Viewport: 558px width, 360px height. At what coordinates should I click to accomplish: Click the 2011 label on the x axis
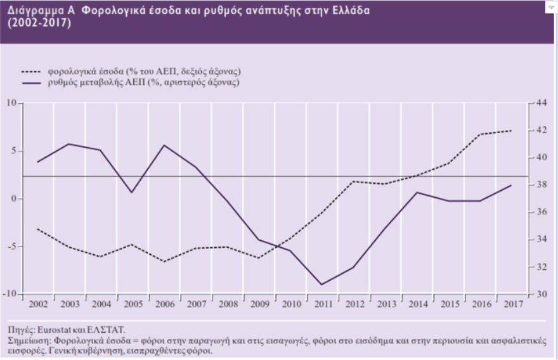click(322, 305)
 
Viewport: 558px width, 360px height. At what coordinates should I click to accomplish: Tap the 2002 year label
click(37, 305)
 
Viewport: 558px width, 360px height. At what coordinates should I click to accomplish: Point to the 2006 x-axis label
click(164, 305)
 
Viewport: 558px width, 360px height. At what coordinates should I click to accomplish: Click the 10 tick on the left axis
click(12, 103)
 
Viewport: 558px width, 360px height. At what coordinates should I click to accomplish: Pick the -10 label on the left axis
click(11, 294)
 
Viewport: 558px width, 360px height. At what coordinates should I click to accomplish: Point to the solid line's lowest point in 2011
click(322, 285)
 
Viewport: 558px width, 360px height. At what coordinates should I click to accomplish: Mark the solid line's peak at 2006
click(164, 145)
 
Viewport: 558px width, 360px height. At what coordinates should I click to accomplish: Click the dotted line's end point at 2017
click(512, 131)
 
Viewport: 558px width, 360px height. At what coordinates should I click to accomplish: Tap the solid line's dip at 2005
click(132, 192)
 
